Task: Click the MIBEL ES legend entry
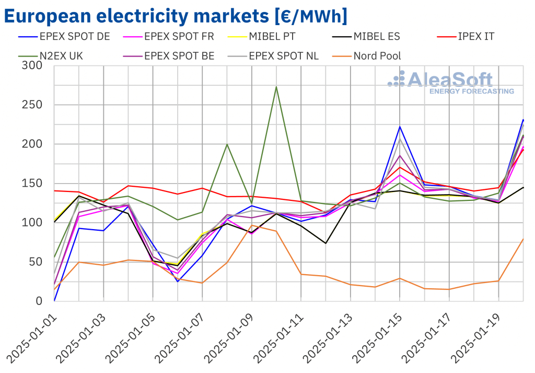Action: [376, 37]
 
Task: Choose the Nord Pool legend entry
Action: [377, 56]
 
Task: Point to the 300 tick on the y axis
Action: [32, 66]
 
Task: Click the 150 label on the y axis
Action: [32, 184]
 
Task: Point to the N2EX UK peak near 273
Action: [276, 87]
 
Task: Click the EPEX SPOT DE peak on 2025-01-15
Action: [400, 127]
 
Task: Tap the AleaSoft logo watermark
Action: [450, 83]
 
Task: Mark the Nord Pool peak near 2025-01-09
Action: [251, 225]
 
